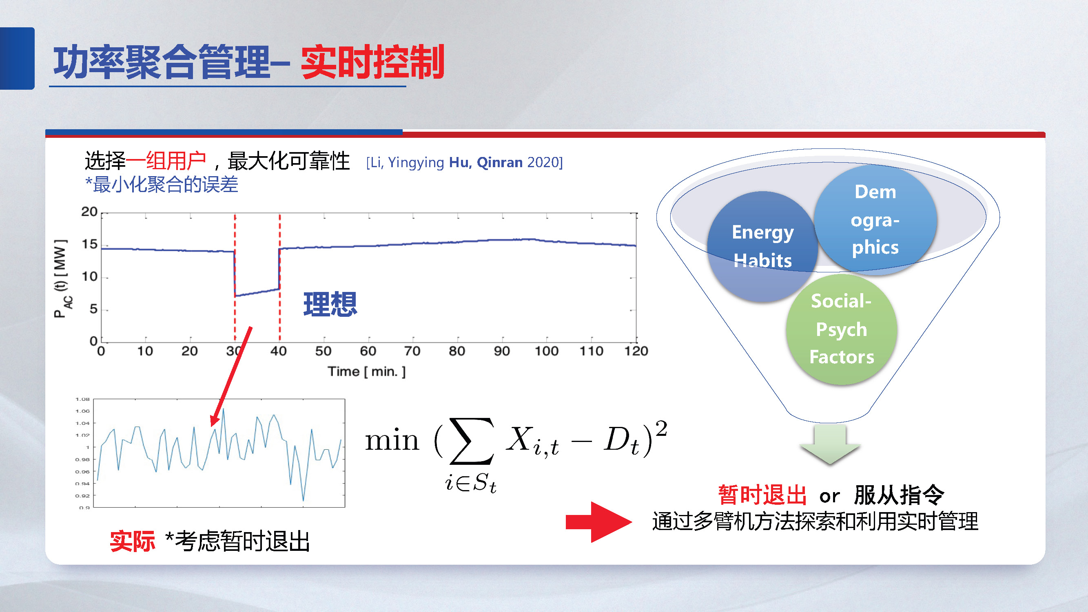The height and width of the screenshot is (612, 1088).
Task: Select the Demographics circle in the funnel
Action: (875, 219)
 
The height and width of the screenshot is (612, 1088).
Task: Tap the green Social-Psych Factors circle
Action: (841, 329)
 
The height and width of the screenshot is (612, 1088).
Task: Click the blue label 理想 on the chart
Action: (330, 304)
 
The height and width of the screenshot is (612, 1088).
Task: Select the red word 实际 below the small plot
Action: (132, 541)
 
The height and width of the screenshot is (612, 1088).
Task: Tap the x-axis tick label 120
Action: (636, 351)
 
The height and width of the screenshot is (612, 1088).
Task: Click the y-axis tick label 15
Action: (89, 244)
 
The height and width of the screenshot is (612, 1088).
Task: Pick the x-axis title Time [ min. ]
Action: (367, 372)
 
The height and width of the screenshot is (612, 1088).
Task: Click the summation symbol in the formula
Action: (471, 441)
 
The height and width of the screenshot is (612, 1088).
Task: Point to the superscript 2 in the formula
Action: (661, 429)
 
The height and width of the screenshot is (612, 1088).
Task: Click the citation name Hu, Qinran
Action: (485, 163)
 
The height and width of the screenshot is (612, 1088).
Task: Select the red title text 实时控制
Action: (372, 62)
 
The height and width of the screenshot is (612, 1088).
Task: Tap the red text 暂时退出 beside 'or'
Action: (762, 495)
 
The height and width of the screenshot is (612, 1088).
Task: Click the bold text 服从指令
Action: (899, 495)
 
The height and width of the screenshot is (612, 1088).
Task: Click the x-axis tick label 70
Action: (412, 351)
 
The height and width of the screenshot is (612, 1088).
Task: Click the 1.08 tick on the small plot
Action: (82, 399)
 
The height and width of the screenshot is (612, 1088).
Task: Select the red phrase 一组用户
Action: (166, 161)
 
